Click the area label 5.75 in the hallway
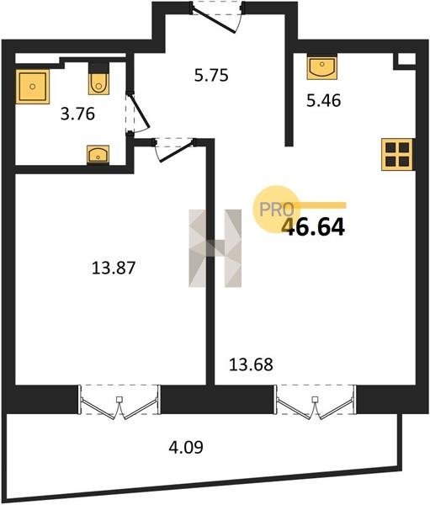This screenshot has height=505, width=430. pyautogui.click(x=211, y=76)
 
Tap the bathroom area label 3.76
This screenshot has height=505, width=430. pyautogui.click(x=77, y=114)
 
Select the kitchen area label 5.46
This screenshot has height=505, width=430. pyautogui.click(x=323, y=101)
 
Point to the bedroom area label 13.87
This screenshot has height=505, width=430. pyautogui.click(x=114, y=268)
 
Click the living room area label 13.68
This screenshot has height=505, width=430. pyautogui.click(x=251, y=364)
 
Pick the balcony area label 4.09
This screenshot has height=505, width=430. pyautogui.click(x=186, y=448)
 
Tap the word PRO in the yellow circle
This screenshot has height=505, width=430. pyautogui.click(x=277, y=210)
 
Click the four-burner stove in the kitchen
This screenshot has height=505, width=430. pyautogui.click(x=397, y=154)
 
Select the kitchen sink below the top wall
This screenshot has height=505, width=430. pyautogui.click(x=321, y=67)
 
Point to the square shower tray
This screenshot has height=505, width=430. pyautogui.click(x=33, y=87)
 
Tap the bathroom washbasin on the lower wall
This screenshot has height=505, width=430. pyautogui.click(x=98, y=155)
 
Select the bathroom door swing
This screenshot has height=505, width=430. pyautogui.click(x=137, y=112)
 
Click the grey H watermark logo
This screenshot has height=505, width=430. pyautogui.click(x=215, y=248)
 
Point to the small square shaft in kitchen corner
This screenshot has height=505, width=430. pyautogui.click(x=405, y=61)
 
